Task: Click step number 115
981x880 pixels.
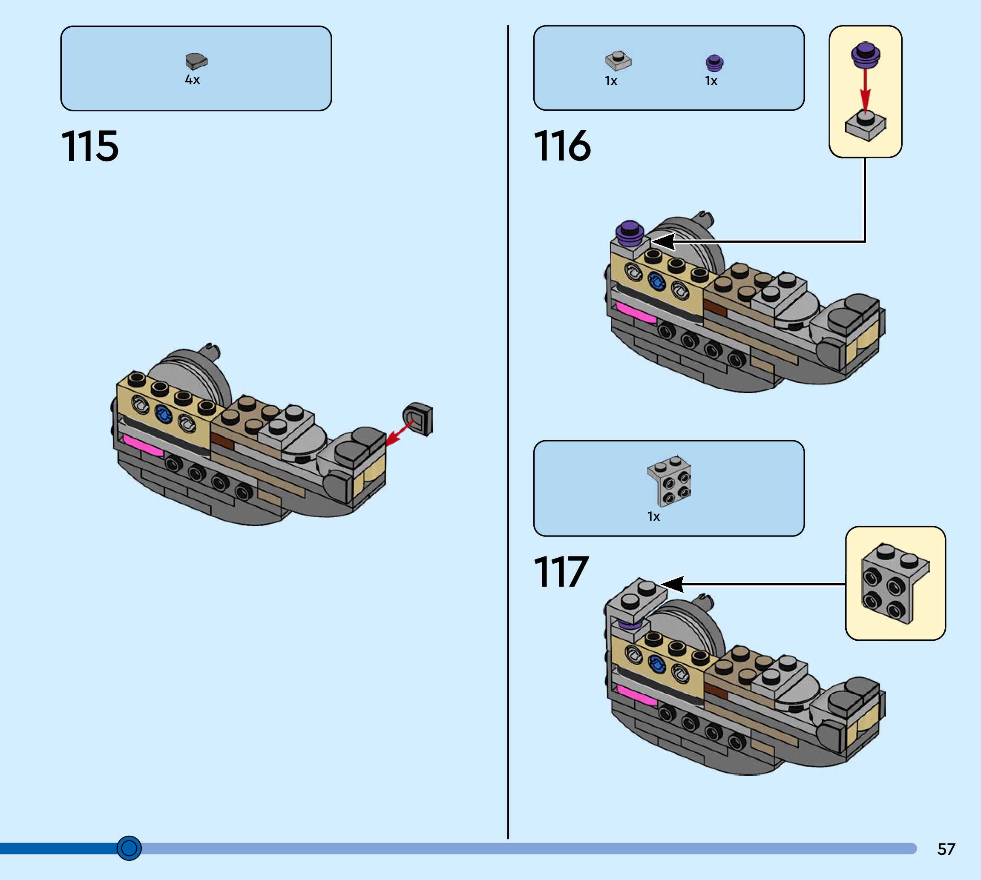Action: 89,146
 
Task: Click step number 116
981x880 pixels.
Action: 562,146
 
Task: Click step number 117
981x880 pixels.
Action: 561,572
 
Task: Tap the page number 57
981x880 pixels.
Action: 946,849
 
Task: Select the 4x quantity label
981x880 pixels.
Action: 192,80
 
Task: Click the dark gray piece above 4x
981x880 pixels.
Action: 196,61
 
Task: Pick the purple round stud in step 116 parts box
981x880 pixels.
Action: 714,63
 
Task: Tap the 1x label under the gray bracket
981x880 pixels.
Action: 653,516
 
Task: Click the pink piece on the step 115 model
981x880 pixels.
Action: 143,445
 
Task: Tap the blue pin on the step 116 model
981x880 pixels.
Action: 656,281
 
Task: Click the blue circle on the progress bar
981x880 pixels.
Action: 129,848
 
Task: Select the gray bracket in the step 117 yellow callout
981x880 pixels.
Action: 895,583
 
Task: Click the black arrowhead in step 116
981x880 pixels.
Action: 664,241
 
